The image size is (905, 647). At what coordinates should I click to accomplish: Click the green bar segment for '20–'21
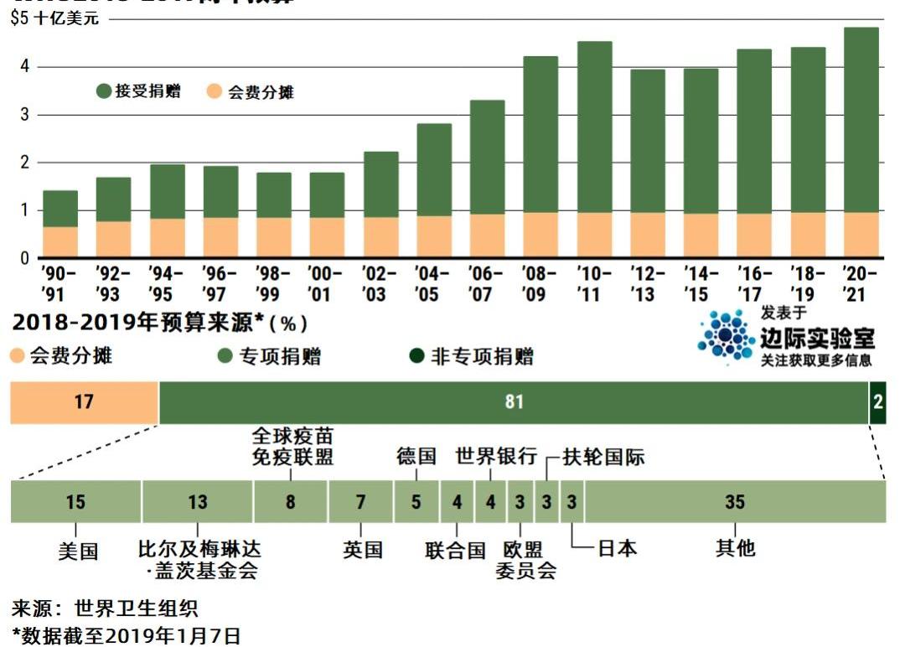[861, 120]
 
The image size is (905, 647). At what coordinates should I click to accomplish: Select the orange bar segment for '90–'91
[60, 241]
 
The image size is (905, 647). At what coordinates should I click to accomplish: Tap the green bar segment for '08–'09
[540, 134]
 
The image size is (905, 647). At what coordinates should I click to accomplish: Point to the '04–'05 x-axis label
[433, 284]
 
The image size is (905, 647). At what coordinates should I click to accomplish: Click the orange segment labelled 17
[84, 402]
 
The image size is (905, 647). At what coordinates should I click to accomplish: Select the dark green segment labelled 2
[877, 402]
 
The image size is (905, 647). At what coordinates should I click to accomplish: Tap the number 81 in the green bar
[514, 402]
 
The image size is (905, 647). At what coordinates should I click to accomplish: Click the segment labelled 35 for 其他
[735, 503]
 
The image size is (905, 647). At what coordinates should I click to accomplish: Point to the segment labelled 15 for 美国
[75, 503]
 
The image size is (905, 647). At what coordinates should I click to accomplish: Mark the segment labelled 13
[197, 503]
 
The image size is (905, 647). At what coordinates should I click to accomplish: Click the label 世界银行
[496, 457]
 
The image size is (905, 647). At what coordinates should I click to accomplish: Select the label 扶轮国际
[603, 457]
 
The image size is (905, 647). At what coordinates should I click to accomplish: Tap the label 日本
[617, 548]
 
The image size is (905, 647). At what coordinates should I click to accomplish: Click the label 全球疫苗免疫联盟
[292, 447]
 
